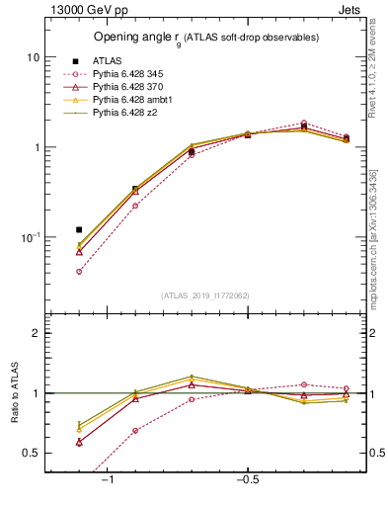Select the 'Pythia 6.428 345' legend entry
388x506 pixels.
pyautogui.click(x=131, y=74)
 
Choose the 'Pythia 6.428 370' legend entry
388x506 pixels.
pyautogui.click(x=131, y=88)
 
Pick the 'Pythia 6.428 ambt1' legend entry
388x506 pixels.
pyautogui.click(x=135, y=101)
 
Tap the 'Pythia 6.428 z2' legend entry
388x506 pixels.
pyautogui.click(x=127, y=114)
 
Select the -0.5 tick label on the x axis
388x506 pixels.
pyautogui.click(x=246, y=479)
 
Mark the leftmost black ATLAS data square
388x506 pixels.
pyautogui.click(x=79, y=229)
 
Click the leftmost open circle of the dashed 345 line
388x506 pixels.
pyautogui.click(x=79, y=271)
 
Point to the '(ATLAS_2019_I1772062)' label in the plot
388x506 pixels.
pyautogui.click(x=205, y=295)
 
